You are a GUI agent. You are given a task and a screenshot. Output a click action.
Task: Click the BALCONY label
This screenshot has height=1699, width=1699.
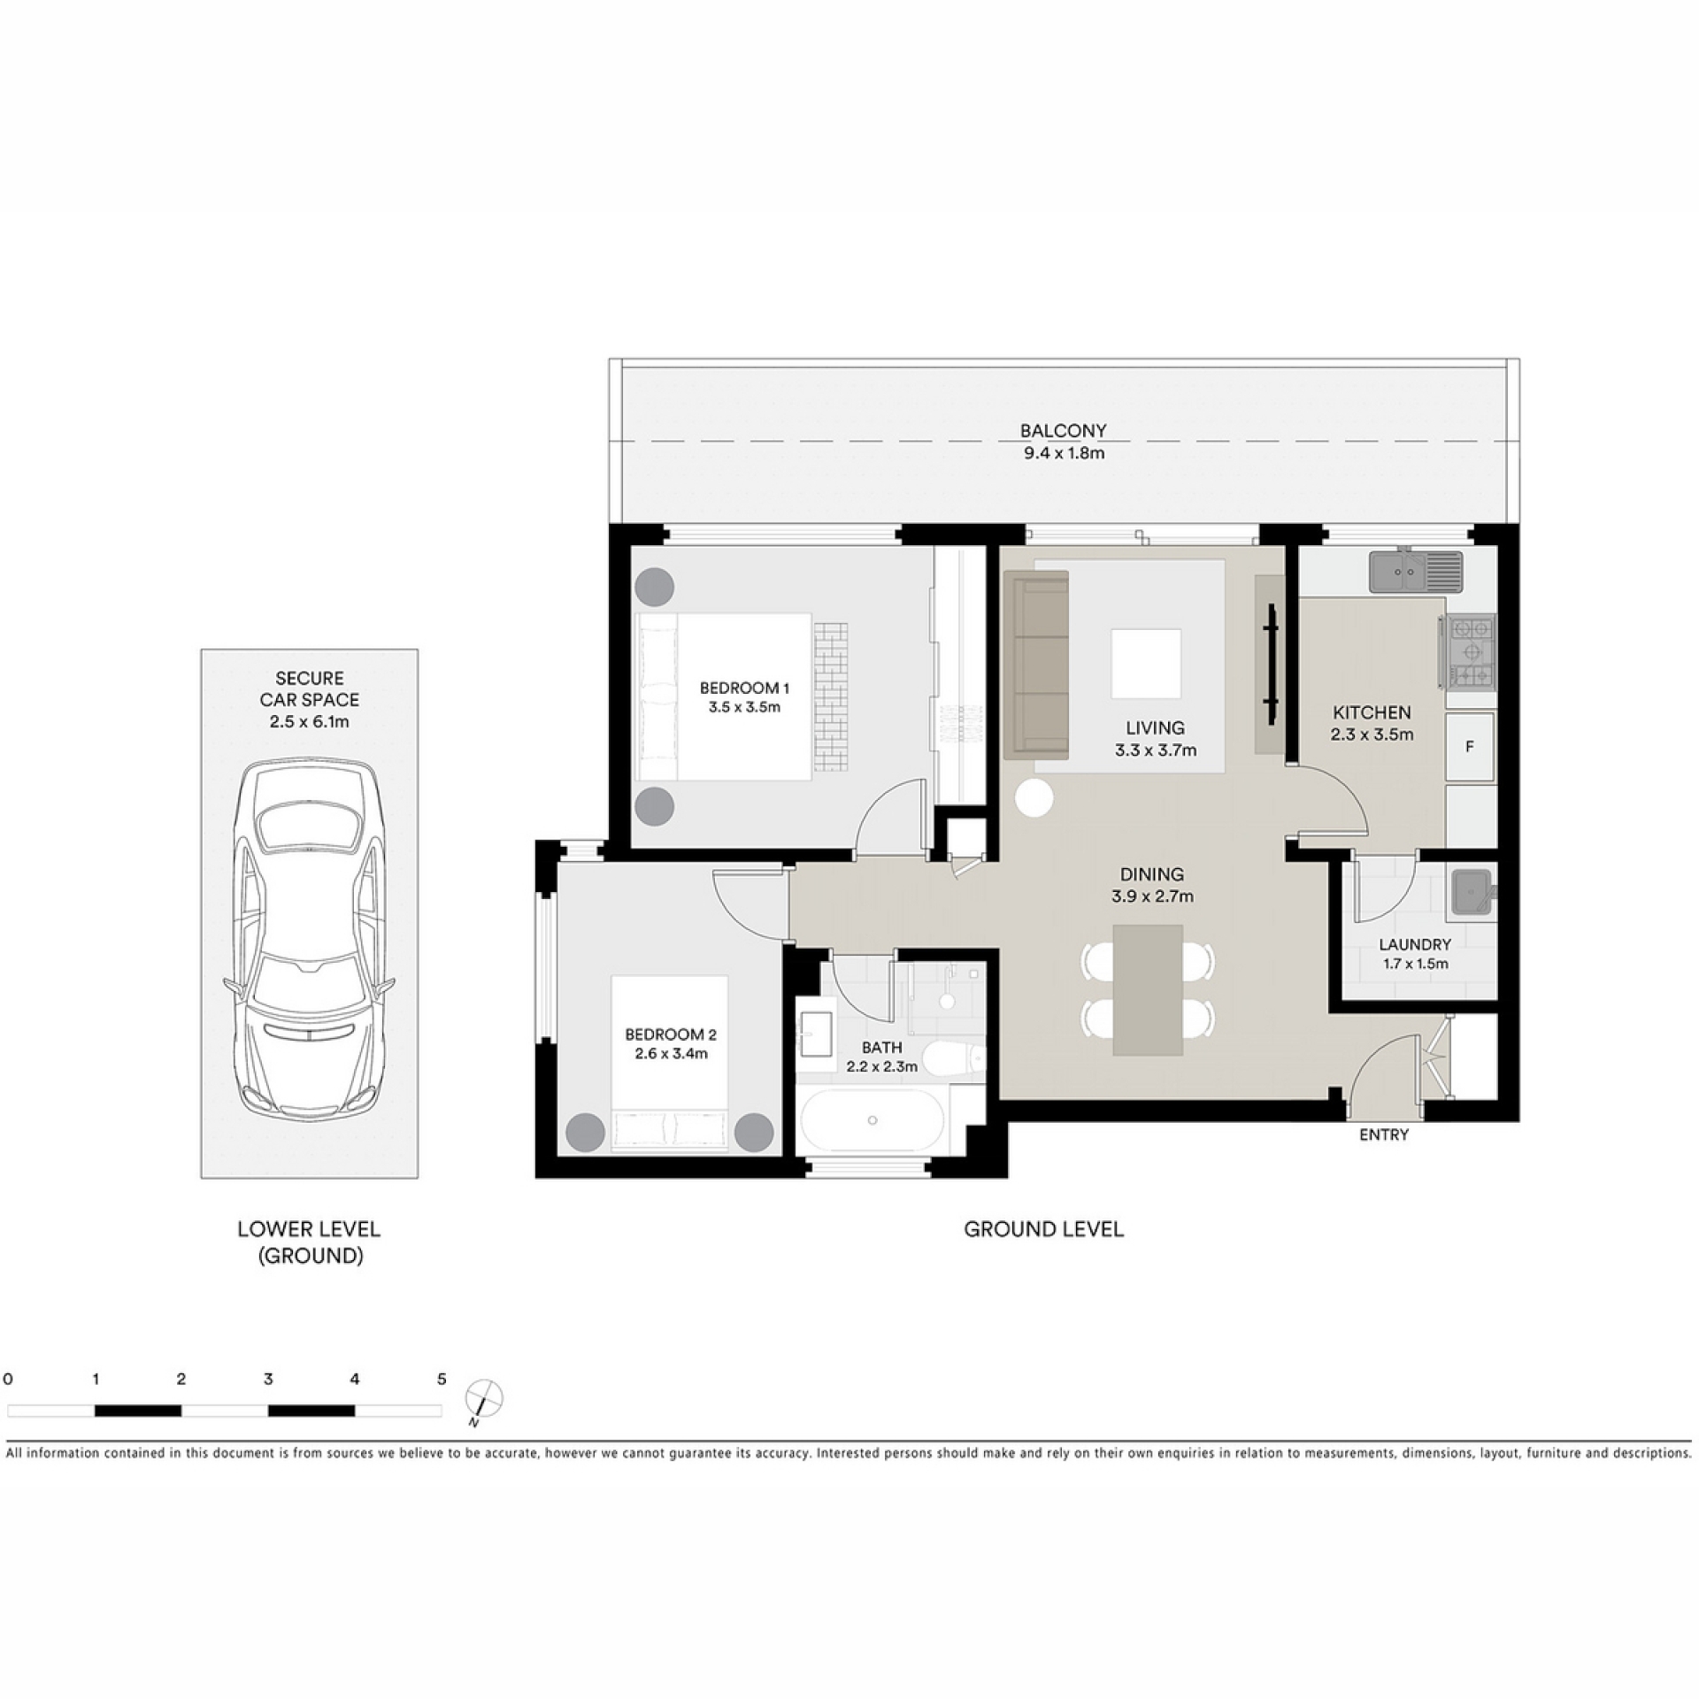pyautogui.click(x=1063, y=431)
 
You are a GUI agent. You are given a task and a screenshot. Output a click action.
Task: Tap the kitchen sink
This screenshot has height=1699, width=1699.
pyautogui.click(x=1416, y=572)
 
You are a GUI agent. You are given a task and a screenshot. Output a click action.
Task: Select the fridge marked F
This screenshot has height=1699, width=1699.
pyautogui.click(x=1470, y=747)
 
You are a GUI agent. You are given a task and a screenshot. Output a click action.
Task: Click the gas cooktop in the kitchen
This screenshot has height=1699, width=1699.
pyautogui.click(x=1471, y=652)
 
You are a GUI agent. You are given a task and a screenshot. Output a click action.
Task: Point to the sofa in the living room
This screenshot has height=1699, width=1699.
pyautogui.click(x=1036, y=665)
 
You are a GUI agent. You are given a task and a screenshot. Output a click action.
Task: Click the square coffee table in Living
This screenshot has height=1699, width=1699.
pyautogui.click(x=1146, y=664)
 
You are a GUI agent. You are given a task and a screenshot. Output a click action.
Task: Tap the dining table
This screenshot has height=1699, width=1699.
pyautogui.click(x=1148, y=989)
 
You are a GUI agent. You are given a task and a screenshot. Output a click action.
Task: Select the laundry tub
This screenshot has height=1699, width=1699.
pyautogui.click(x=1471, y=892)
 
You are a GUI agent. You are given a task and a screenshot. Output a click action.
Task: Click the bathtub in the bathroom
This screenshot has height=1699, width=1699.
pyautogui.click(x=873, y=1120)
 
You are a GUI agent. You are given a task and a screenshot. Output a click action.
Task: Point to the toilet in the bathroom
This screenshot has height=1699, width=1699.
pyautogui.click(x=954, y=1057)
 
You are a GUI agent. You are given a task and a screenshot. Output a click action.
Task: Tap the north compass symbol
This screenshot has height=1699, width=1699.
pyautogui.click(x=484, y=1399)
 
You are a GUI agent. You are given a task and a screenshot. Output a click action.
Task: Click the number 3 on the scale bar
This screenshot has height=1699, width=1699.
pyautogui.click(x=268, y=1379)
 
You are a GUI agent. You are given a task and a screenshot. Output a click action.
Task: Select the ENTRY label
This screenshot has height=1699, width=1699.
pyautogui.click(x=1384, y=1134)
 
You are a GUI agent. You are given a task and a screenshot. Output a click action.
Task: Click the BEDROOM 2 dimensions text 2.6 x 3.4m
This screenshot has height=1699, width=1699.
pyautogui.click(x=671, y=1054)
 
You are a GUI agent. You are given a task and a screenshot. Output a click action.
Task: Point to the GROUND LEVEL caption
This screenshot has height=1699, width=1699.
pyautogui.click(x=1044, y=1229)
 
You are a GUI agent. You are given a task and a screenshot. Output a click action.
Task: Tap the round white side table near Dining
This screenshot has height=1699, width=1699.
pyautogui.click(x=1034, y=798)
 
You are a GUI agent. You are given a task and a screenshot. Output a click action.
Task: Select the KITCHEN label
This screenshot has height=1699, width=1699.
pyautogui.click(x=1372, y=712)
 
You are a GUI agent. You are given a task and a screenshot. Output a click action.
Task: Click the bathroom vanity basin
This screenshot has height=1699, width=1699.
pyautogui.click(x=815, y=1034)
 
